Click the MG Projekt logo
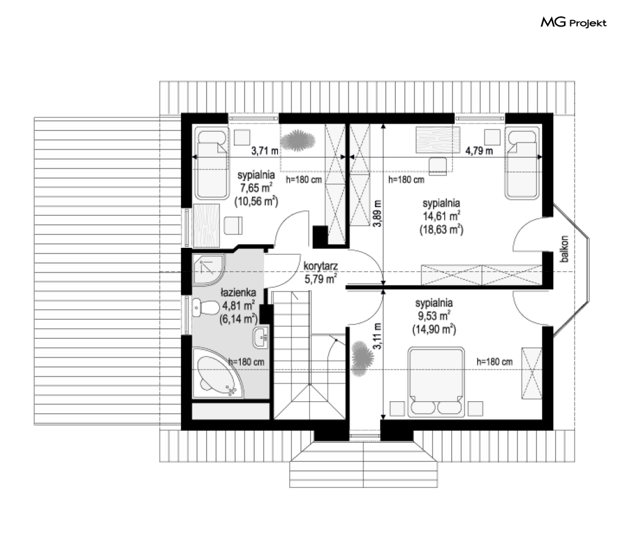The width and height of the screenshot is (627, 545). point(573,23)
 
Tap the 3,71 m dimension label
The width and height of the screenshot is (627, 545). point(265,151)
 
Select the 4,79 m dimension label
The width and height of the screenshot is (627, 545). point(479,151)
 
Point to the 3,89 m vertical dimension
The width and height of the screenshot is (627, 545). point(377,213)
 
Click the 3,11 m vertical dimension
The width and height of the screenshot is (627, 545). point(377,336)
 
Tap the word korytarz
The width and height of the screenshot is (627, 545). point(320,266)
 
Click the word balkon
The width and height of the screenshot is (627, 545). point(564,249)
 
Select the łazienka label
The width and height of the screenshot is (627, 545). point(238,292)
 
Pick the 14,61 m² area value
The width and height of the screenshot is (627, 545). point(442,216)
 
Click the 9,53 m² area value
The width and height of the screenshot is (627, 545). point(434,316)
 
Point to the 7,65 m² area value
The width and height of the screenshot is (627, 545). point(256,187)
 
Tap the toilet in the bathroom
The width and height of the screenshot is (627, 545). point(205,308)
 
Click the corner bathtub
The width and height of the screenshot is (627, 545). point(218,373)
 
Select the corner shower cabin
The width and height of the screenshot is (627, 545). point(209,270)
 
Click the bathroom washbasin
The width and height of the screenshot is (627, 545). point(260,337)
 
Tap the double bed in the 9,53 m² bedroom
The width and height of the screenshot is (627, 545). point(436,382)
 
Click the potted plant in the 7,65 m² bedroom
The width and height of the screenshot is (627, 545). point(297,141)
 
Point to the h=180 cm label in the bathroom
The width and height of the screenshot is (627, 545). point(246,361)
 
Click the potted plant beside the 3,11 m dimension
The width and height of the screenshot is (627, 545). point(363,358)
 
